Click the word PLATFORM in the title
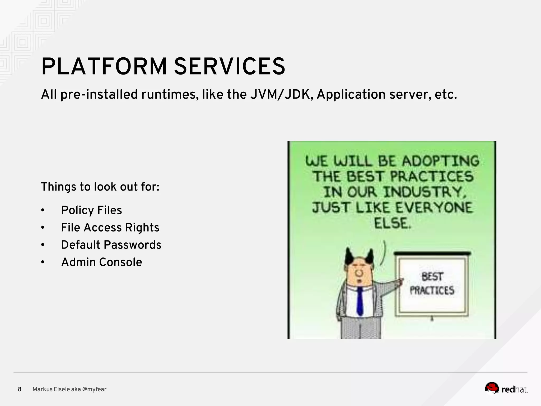(104, 67)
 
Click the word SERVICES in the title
(229, 67)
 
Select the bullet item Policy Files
(91, 210)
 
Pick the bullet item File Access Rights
(110, 228)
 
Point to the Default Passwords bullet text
(111, 245)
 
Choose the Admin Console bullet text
(101, 262)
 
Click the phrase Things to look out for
(100, 187)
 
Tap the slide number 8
(20, 389)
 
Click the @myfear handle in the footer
(94, 389)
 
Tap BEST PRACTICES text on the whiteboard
(432, 284)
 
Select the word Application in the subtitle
(351, 95)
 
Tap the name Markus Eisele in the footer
(51, 389)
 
